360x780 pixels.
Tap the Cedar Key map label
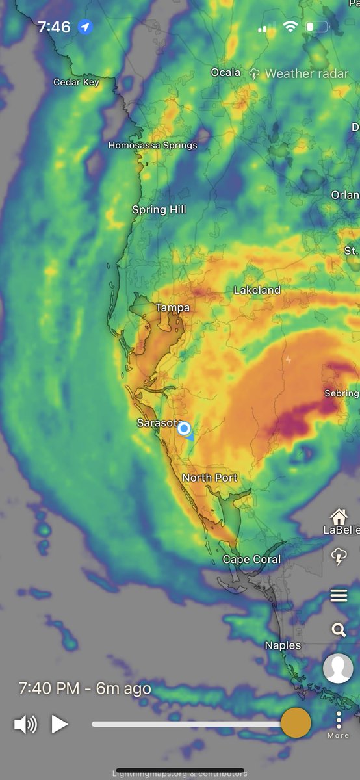point(76,83)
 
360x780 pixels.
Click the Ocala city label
point(225,73)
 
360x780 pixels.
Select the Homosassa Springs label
point(153,145)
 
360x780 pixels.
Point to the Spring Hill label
point(159,209)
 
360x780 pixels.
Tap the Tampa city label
point(172,307)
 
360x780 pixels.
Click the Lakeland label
point(257,291)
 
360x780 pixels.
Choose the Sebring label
point(342,393)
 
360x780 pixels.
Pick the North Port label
point(210,478)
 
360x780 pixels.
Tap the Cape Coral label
point(251,560)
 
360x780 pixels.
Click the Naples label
point(283,645)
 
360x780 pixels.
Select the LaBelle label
point(341,530)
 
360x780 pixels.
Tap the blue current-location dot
point(184,429)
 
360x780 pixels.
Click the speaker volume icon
point(25,723)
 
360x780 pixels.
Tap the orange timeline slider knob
point(296,723)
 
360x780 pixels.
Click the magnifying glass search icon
point(339,629)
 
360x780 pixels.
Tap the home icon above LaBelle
point(339,517)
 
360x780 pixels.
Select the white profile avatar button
point(338,669)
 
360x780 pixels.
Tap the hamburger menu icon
point(339,595)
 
